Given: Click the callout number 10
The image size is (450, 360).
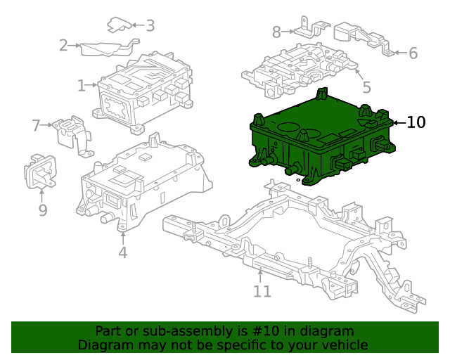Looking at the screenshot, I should [x=416, y=122].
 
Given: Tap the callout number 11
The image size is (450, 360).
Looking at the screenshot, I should [x=262, y=291].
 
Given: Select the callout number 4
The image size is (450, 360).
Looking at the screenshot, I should [x=122, y=252].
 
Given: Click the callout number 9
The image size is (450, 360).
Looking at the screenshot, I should [x=42, y=210].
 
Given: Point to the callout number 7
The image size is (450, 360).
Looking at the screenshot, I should [x=37, y=125].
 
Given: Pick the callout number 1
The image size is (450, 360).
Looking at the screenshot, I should [x=82, y=86].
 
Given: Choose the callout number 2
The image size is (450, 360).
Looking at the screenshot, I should [x=63, y=46].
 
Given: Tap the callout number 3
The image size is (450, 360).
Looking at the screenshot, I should [x=150, y=26].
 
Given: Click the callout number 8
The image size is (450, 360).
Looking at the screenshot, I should [x=276, y=32].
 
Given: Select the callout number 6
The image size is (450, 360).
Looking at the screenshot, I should [x=413, y=53].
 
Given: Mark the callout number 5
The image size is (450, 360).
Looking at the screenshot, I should [x=366, y=87].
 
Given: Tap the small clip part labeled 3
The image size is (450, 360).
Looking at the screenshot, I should [x=120, y=25].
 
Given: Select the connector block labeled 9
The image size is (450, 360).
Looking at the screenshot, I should [x=40, y=171].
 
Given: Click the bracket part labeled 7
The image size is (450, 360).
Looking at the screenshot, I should [x=72, y=134].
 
